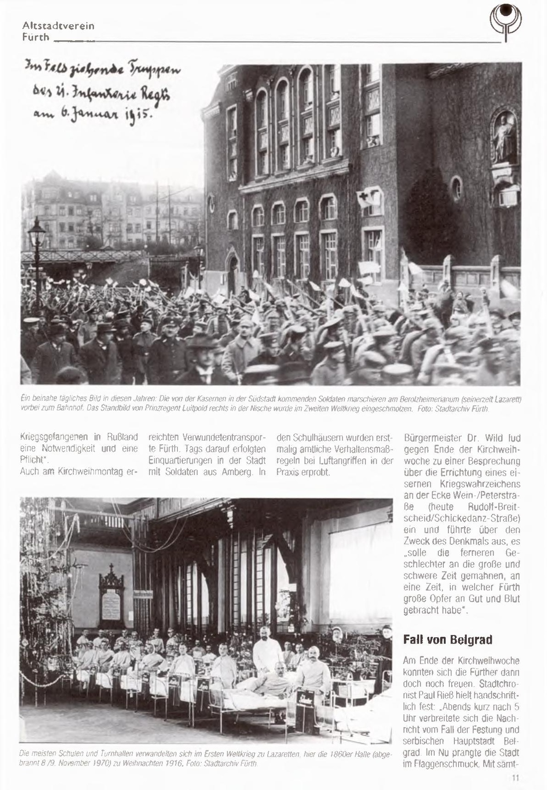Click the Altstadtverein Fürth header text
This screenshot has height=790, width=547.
pos(58,31)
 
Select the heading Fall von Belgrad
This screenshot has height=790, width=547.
pos(447,639)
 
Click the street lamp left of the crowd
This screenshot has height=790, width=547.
pos(37,258)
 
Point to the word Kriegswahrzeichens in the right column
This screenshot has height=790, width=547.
pos(480,484)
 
